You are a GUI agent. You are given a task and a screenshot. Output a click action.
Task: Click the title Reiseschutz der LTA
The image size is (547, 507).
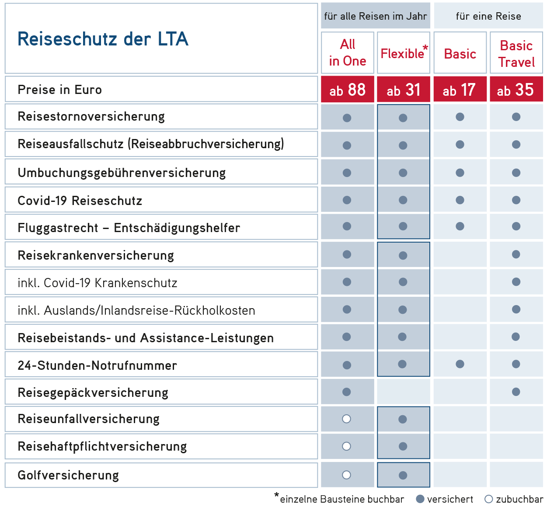[x=103, y=39]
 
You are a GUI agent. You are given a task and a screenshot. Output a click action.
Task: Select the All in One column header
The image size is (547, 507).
[x=348, y=52]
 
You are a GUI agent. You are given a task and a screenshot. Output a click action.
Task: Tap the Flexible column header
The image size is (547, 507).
[x=403, y=53]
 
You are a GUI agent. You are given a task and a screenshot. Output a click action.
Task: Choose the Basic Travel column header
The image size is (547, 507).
[x=516, y=54]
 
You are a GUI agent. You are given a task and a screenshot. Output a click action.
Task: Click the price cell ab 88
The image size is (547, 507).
[x=348, y=90]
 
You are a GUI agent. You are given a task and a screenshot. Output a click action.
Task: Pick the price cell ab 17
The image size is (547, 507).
[x=460, y=90]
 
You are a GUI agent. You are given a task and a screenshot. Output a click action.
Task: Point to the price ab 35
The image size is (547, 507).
[x=516, y=90]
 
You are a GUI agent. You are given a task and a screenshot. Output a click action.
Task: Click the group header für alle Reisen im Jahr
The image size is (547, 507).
[x=375, y=16]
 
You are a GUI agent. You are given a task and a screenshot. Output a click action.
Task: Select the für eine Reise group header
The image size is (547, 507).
[x=488, y=16]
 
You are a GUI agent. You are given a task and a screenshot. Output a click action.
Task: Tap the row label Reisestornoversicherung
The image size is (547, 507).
[x=91, y=117]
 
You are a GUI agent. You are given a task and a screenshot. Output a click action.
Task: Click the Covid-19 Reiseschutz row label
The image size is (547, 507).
[x=80, y=201]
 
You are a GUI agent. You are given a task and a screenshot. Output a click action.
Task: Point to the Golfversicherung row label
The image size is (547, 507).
[x=68, y=475]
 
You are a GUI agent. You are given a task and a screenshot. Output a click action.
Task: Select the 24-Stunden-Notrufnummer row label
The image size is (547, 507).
[x=97, y=365]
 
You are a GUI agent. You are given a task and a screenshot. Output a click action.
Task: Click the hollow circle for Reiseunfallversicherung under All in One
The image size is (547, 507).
[x=347, y=419]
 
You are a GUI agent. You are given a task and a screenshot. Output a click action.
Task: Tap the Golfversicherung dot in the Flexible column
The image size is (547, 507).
[x=403, y=475]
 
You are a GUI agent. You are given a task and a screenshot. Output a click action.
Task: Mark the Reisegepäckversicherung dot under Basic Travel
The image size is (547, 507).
[x=516, y=392]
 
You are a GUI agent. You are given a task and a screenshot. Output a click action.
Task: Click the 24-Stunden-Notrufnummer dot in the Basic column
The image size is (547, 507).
[x=460, y=364]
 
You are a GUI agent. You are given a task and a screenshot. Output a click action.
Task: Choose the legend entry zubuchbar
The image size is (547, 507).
[x=514, y=499]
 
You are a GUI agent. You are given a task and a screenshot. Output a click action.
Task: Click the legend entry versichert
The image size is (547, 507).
[x=445, y=499]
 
